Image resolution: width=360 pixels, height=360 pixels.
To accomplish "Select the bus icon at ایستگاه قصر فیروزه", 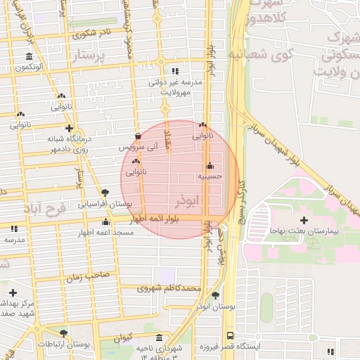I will tap(230, 336).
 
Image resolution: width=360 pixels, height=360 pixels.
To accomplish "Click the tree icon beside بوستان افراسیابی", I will tap(105, 192).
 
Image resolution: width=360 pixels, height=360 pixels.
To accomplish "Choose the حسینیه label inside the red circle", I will tap(210, 177).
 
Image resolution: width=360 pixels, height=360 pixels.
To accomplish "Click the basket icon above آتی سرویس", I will tap(138, 136).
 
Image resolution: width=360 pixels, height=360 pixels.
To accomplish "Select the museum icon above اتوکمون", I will tap(28, 56).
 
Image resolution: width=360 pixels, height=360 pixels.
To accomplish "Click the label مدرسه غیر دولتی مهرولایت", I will tap(175, 86).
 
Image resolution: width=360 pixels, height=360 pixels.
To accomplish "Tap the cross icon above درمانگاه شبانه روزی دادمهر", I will tap(68, 128).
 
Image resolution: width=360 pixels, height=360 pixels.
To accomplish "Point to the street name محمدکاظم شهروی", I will tap(169, 288).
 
